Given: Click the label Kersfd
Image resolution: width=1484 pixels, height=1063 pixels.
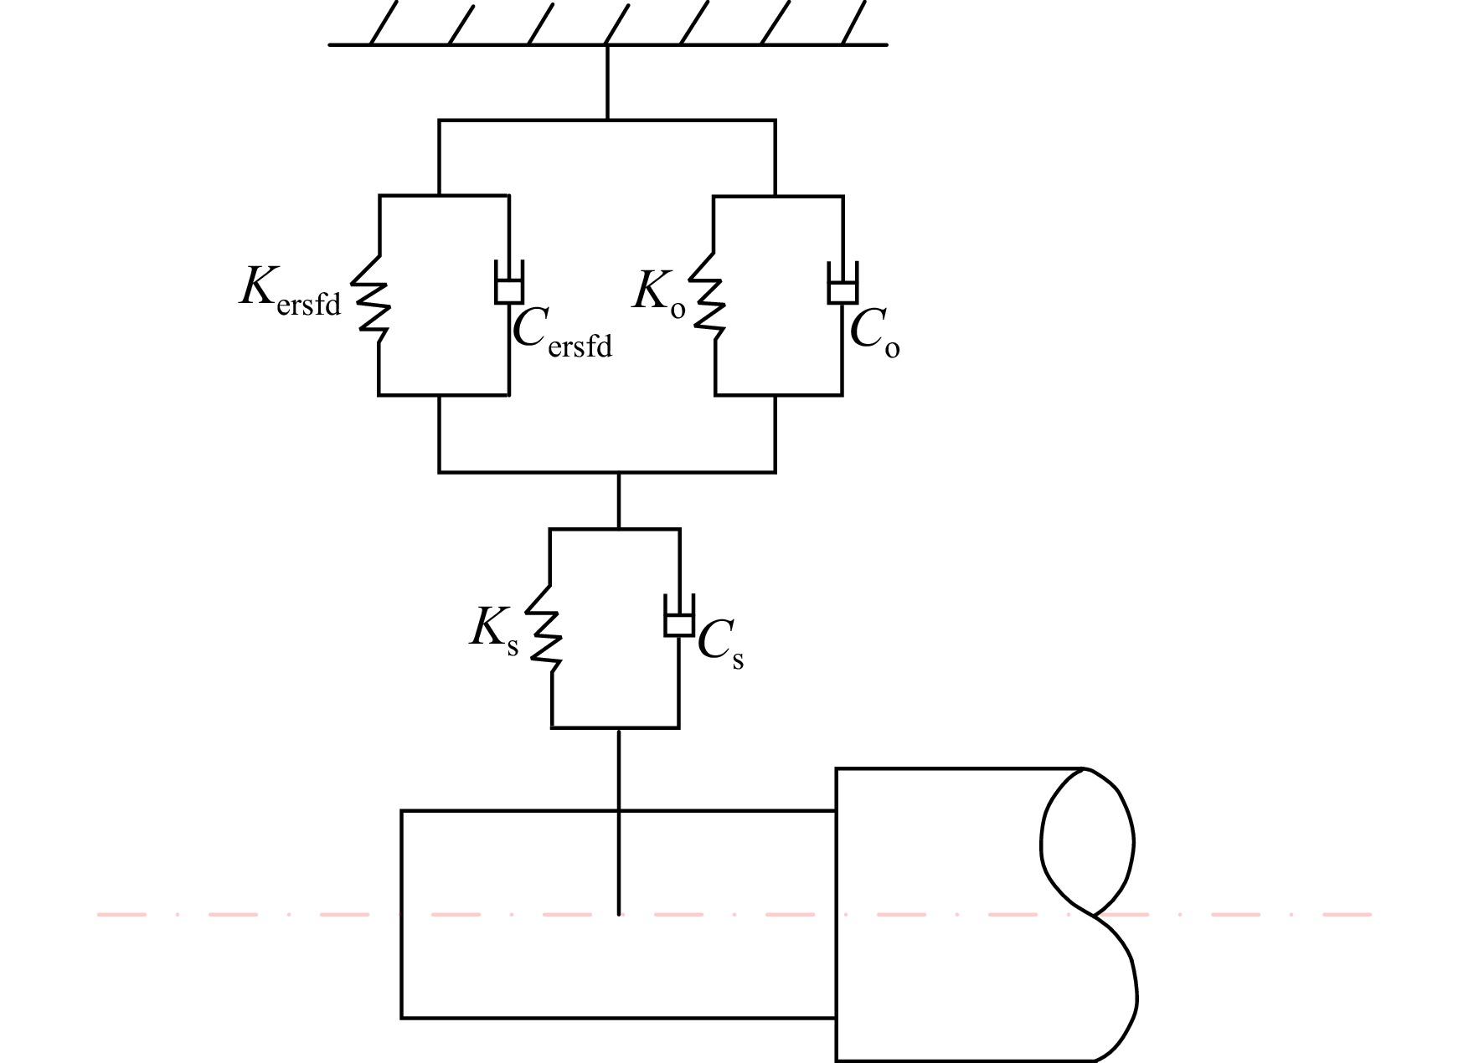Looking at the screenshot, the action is click(x=291, y=290).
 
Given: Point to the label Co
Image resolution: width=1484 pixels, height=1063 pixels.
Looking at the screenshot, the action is click(x=875, y=333).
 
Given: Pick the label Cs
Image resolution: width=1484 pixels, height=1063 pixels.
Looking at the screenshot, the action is click(x=720, y=645).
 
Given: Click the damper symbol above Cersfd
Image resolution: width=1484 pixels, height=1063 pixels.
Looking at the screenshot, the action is click(x=509, y=282).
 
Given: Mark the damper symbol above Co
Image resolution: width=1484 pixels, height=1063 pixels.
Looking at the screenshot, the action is click(x=842, y=282).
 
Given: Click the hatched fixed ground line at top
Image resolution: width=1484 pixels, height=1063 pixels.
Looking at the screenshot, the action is click(x=607, y=44).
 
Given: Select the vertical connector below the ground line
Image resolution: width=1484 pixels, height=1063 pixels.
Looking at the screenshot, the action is click(x=607, y=82).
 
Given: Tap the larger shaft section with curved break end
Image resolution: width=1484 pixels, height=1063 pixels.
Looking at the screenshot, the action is click(x=987, y=914).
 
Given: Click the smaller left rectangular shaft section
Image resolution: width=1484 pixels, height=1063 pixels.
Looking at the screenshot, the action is click(x=618, y=914).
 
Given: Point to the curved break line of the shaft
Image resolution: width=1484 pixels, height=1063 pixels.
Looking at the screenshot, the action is click(x=1089, y=914).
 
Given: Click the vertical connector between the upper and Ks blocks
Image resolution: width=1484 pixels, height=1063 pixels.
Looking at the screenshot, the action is click(x=619, y=501).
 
